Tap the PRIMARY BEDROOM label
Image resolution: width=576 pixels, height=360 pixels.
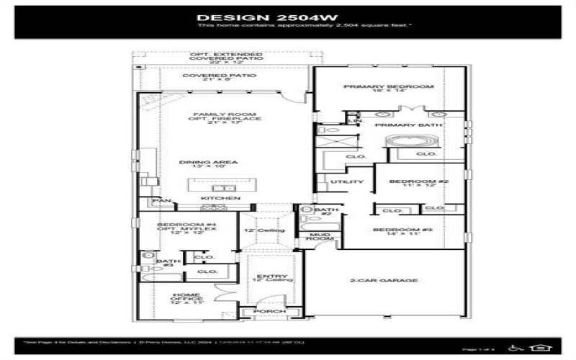point(388,86)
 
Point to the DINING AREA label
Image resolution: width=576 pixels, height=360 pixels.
point(209,162)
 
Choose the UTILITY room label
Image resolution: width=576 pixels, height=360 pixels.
point(342,181)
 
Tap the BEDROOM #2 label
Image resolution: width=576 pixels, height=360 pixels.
point(419,181)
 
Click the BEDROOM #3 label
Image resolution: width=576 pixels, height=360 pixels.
point(392,230)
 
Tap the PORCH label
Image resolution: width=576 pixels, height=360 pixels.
point(267,311)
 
